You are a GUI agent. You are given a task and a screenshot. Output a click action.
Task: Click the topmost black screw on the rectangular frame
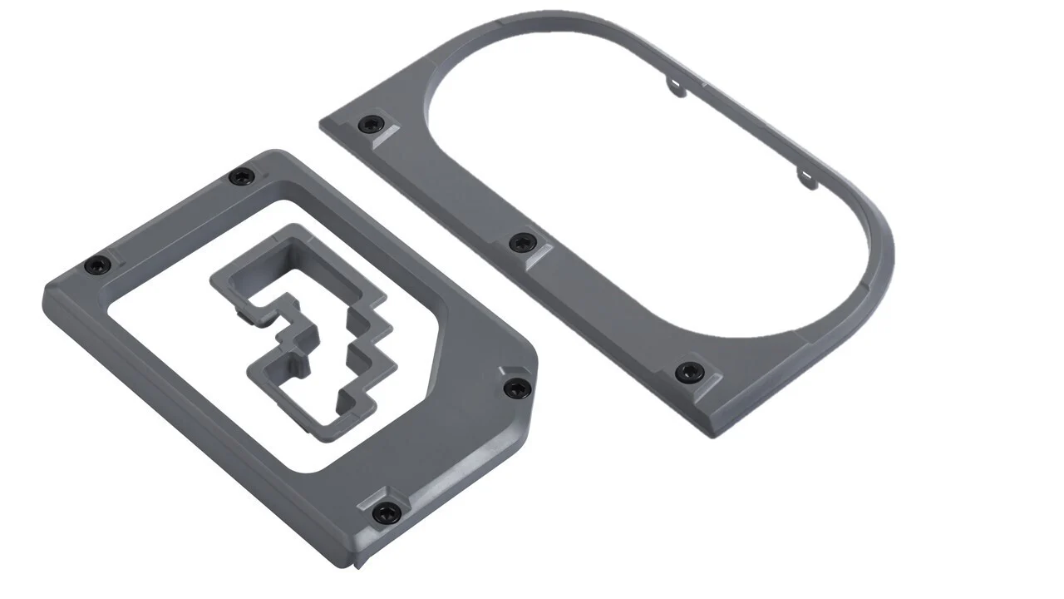tap(241, 176)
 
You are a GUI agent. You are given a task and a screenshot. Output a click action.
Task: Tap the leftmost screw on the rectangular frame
tap(96, 265)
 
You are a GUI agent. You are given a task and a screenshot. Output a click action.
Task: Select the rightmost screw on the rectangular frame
tap(517, 388)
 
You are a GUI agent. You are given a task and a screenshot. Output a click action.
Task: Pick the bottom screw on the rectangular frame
tap(382, 513)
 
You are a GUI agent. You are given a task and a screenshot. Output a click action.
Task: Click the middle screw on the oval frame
tap(521, 243)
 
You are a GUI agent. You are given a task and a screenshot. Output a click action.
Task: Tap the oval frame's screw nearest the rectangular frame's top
tap(368, 126)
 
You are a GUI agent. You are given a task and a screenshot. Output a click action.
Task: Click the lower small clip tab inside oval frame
tap(805, 176)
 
